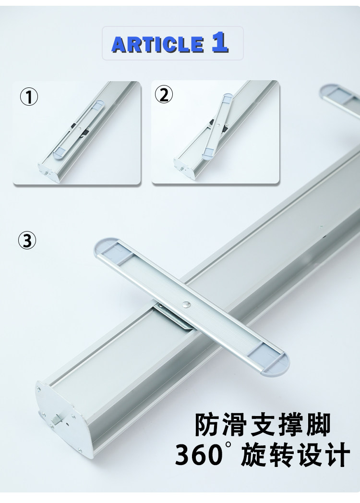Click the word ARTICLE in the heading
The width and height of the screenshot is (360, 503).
[x=157, y=44]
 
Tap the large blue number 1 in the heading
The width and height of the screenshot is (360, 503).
[x=220, y=42]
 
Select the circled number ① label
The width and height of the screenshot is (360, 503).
[x=29, y=97]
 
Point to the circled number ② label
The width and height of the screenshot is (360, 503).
[x=164, y=95]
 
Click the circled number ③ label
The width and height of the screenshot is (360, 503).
[x=27, y=240]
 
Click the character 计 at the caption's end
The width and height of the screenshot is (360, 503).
[x=337, y=454]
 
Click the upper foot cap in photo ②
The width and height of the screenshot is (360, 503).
[x=228, y=97]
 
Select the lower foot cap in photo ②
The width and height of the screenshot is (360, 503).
[x=209, y=153]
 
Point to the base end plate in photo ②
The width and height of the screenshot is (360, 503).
[x=185, y=168]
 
